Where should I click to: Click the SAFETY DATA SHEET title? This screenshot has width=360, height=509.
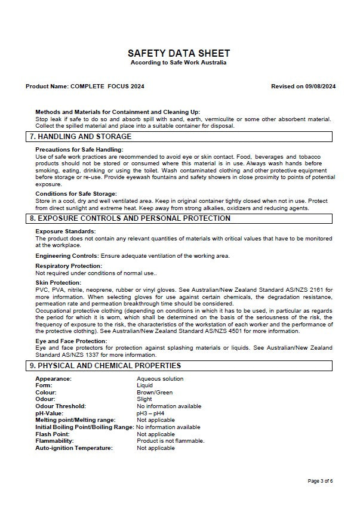tap(179, 53)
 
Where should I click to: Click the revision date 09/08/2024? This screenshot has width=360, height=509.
tap(321, 87)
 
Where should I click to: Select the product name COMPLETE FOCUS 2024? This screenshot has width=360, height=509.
tap(107, 87)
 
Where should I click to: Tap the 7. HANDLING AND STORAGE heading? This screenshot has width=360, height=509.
tap(81, 137)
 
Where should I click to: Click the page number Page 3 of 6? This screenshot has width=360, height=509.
tap(320, 480)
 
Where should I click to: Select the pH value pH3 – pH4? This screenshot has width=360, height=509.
tap(150, 413)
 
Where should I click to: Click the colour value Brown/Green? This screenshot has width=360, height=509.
tap(155, 393)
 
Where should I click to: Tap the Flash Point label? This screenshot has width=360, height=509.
tap(52, 434)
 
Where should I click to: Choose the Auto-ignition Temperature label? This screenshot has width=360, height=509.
tap(74, 448)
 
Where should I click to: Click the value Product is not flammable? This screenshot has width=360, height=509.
tap(171, 441)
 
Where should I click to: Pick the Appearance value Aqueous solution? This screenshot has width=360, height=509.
tap(160, 379)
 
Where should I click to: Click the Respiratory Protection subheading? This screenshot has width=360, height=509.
tap(69, 266)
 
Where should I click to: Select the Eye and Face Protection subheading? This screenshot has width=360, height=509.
tap(71, 341)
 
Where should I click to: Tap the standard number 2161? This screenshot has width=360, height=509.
tap(316, 289)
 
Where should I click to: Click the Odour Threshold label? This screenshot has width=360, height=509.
tap(60, 406)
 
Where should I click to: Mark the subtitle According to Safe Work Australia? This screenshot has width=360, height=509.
tap(179, 63)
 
